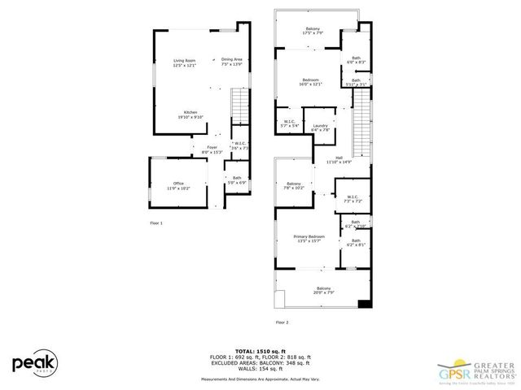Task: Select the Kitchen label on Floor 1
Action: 190,114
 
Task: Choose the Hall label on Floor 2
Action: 338,160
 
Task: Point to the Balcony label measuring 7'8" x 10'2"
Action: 294,186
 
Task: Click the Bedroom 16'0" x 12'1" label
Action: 311,81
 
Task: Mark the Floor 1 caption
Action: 156,222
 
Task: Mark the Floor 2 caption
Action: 282,323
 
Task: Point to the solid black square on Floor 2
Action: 364,304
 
